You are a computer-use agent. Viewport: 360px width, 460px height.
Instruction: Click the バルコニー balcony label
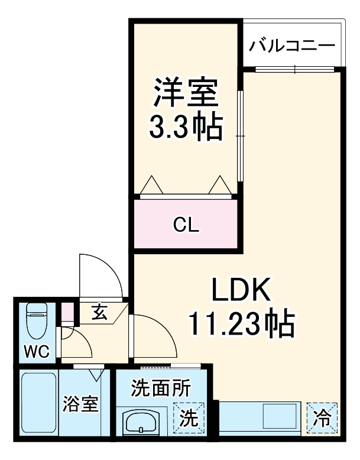coord(292,46)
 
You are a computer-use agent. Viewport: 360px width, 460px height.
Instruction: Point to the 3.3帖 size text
coord(185,126)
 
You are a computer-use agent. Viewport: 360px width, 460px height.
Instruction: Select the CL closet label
coord(186,225)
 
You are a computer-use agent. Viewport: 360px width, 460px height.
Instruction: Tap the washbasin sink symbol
coord(141,425)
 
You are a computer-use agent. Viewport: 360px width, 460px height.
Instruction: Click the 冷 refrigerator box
coord(322,418)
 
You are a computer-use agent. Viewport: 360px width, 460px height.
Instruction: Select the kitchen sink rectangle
coord(280,416)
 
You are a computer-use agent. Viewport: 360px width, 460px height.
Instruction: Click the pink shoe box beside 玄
coord(68,312)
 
